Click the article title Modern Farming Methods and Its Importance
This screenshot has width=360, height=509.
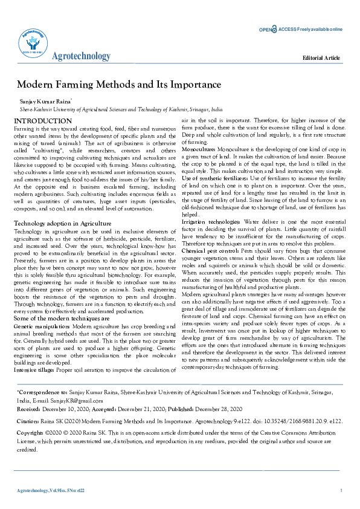pos(119,85)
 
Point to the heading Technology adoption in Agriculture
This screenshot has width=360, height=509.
pos(63,224)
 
